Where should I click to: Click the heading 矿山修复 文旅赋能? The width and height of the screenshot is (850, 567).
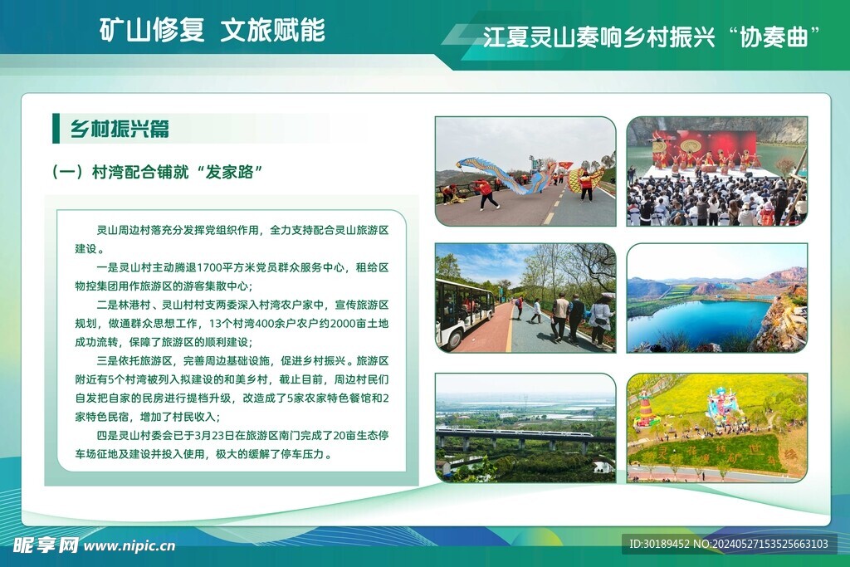tap(212, 30)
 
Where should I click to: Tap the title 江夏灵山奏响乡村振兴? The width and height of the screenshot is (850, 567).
tap(599, 37)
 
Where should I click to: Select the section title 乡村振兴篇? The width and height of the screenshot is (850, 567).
tap(120, 129)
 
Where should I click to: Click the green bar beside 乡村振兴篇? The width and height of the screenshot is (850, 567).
tap(56, 129)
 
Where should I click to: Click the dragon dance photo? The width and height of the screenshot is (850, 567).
tap(525, 171)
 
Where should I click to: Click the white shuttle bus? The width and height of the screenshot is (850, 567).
tap(465, 313)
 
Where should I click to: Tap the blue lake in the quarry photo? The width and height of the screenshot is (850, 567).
tap(699, 320)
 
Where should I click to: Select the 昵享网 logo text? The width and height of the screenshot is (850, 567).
tap(46, 545)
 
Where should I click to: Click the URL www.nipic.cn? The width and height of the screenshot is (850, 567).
tap(129, 546)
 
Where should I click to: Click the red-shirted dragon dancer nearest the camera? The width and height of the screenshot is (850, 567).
tap(486, 193)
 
